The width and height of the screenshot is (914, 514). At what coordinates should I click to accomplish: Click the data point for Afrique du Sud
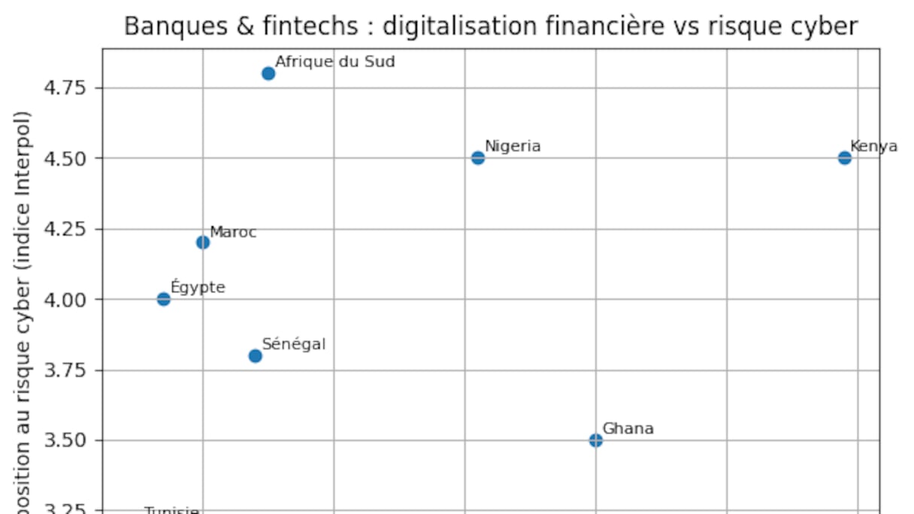tap(268, 74)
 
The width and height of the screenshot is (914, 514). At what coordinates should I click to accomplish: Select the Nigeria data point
tap(478, 158)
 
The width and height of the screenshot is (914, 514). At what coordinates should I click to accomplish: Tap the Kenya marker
tap(845, 158)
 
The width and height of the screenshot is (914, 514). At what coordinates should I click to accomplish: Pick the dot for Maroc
tap(203, 242)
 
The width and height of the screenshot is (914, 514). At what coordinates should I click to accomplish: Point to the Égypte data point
tap(164, 299)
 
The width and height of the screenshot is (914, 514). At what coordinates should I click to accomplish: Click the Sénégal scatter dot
tap(256, 355)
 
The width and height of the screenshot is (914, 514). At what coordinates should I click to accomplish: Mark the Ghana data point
tap(596, 440)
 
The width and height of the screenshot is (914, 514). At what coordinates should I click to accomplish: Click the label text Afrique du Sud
tap(334, 62)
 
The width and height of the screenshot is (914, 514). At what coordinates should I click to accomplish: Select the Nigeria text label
tap(513, 147)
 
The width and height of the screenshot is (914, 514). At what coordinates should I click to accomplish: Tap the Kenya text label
tap(873, 147)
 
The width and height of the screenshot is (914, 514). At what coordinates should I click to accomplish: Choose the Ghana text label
tap(628, 429)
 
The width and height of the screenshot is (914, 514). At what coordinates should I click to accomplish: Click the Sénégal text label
tap(294, 345)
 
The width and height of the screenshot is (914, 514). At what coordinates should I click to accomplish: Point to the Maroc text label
tap(233, 232)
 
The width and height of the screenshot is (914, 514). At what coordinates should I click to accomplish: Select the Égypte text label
tap(198, 287)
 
